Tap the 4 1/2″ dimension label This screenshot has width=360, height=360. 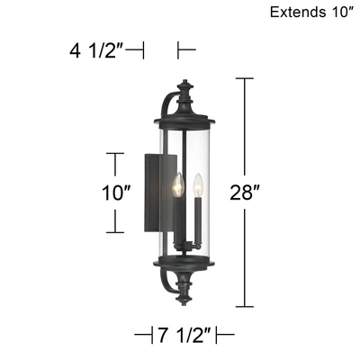pos(98,49)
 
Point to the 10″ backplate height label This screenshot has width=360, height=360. pos(116,193)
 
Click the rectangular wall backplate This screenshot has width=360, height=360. pos(151,193)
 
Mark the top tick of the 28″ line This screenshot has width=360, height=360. pos(247,79)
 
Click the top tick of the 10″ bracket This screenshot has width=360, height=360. pos(114,154)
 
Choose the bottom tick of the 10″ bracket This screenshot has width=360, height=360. pos(114,232)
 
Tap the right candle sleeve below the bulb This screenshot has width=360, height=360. pos(197,220)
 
